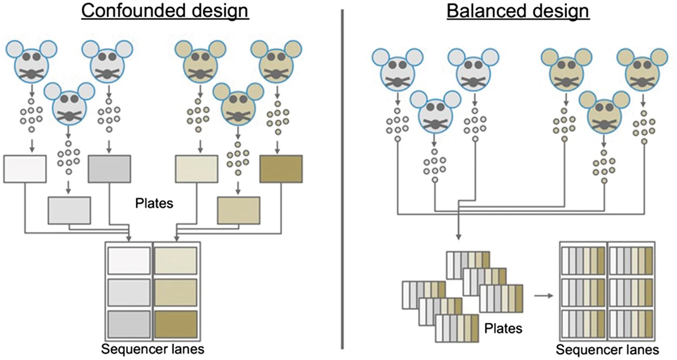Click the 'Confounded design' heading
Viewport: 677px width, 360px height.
tap(165, 11)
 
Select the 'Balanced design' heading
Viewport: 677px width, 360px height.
tap(518, 11)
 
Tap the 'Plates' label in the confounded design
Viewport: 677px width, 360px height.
tap(154, 203)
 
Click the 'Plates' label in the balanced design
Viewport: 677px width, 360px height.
tap(503, 328)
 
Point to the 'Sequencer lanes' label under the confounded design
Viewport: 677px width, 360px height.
tap(152, 349)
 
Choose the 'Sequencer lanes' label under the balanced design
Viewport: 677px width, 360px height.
tap(607, 349)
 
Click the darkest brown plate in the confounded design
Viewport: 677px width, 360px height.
tap(281, 169)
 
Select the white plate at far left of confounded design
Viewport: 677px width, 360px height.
tap(25, 169)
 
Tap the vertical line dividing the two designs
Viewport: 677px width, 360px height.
tap(342, 179)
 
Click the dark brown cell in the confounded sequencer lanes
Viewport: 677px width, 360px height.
tap(176, 324)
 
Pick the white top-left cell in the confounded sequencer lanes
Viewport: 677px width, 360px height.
tap(129, 261)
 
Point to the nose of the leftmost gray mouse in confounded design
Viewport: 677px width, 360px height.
tap(32, 73)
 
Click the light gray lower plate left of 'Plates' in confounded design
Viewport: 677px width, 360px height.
tap(69, 211)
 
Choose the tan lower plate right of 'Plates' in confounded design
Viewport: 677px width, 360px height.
tap(239, 211)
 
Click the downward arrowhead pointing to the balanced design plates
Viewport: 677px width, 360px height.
tap(459, 237)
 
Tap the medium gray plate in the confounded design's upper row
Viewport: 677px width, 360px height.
tap(109, 169)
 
